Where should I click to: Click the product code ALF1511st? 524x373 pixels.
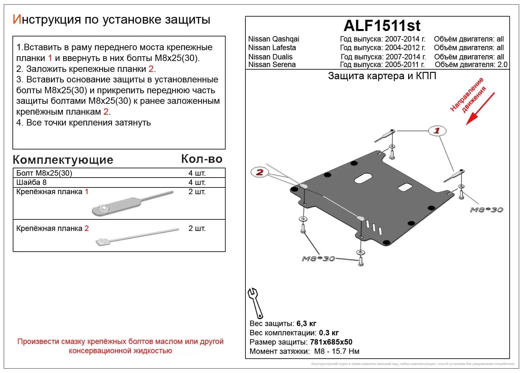click(382, 26)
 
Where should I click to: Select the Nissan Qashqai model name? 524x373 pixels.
click(273, 39)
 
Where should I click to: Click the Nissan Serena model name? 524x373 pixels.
click(272, 65)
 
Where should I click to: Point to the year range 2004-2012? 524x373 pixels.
click(405, 48)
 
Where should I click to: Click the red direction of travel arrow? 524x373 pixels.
click(480, 109)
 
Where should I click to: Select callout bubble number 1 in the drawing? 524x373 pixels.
click(437, 130)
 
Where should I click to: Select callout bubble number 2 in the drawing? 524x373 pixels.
click(259, 172)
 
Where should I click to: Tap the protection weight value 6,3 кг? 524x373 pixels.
click(306, 324)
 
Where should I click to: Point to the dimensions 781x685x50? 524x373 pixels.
click(331, 342)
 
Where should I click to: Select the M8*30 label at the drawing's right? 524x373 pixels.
click(486, 210)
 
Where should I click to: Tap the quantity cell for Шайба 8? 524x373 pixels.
click(197, 182)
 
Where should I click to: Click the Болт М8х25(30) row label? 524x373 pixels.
click(44, 173)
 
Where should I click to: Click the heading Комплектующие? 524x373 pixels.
click(63, 160)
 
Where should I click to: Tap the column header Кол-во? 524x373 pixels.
click(202, 159)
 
